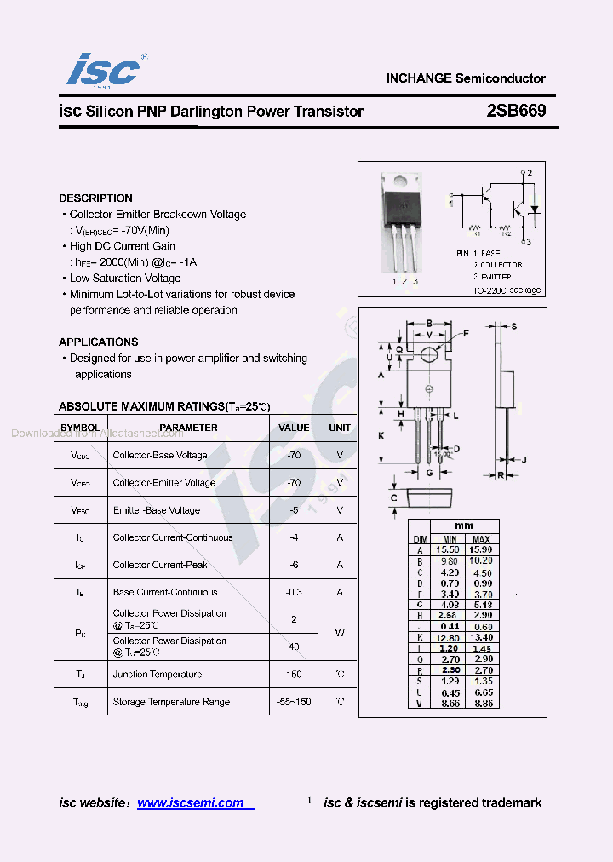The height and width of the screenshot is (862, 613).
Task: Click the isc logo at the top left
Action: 103,69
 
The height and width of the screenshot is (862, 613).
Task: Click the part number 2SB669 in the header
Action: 516,112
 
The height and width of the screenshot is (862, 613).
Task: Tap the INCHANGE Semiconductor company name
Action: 465,78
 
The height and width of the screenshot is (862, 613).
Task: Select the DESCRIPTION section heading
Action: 95,198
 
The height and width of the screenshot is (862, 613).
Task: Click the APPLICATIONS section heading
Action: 99,342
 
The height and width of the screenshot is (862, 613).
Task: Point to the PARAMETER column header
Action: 188,428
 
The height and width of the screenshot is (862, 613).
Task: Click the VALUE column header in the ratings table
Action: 294,428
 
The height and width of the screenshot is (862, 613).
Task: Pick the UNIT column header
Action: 340,428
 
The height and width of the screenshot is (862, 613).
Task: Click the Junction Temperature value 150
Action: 294,675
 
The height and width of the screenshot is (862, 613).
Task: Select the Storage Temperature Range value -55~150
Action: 294,702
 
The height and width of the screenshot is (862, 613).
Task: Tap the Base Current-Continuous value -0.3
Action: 294,592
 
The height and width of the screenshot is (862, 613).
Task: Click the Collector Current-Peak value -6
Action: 294,565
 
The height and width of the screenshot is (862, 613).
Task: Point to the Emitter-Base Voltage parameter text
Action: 157,510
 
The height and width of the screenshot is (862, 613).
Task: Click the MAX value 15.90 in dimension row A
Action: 481,550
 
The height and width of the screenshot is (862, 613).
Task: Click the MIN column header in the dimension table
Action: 450,539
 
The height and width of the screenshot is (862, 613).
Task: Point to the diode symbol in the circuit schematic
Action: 535,208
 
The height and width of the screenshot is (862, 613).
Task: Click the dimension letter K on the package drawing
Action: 381,435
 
